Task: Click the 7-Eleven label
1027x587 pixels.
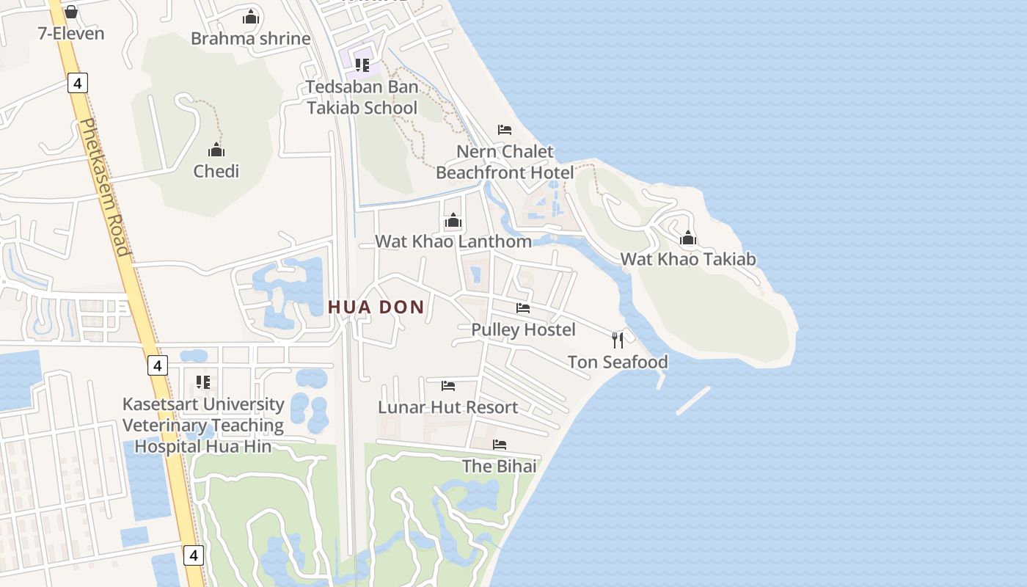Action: click(71, 34)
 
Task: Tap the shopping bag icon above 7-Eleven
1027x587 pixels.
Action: click(71, 12)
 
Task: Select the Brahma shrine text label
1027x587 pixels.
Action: click(251, 39)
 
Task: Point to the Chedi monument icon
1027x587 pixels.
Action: click(216, 150)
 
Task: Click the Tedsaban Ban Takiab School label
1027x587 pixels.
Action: click(362, 98)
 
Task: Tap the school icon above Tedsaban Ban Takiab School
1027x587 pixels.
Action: click(362, 65)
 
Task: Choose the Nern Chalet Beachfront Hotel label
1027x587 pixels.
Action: click(505, 162)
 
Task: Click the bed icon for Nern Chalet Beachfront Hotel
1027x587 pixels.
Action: click(505, 130)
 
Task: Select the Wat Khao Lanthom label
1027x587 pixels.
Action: click(453, 241)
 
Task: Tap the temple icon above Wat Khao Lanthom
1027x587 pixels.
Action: click(453, 220)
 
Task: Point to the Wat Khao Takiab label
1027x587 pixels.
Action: click(688, 259)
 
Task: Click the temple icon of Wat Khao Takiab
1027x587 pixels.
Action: click(688, 238)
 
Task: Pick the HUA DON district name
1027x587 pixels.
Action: click(376, 307)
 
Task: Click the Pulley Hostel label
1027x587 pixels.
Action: click(523, 330)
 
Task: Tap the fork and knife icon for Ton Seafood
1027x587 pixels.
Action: click(618, 340)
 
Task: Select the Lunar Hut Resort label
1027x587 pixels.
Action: click(448, 407)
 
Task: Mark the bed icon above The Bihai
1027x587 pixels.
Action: click(500, 445)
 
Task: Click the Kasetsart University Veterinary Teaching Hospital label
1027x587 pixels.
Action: click(203, 426)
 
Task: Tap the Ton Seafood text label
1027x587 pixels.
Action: click(618, 362)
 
